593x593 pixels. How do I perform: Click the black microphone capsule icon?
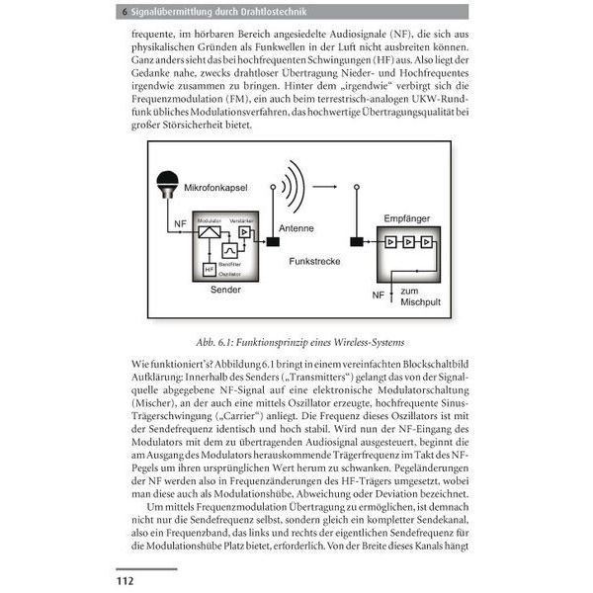coord(168,184)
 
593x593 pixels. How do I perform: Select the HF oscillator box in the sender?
coord(209,269)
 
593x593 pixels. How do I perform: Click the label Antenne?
coord(296,227)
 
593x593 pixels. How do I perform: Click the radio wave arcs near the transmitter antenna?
coord(288,184)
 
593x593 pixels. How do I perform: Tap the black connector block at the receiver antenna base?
coord(356,241)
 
